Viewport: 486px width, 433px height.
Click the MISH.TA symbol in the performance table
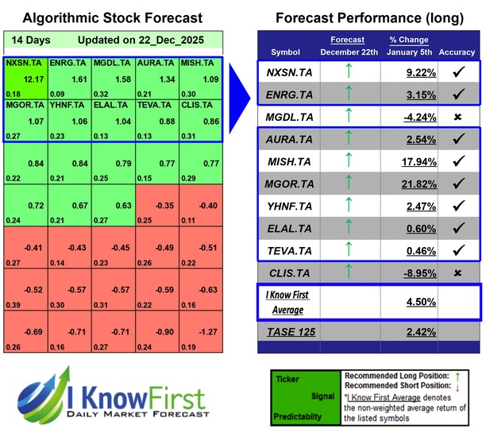point(287,162)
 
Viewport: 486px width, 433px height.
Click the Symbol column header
point(286,52)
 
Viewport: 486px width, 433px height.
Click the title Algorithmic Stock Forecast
point(112,17)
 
